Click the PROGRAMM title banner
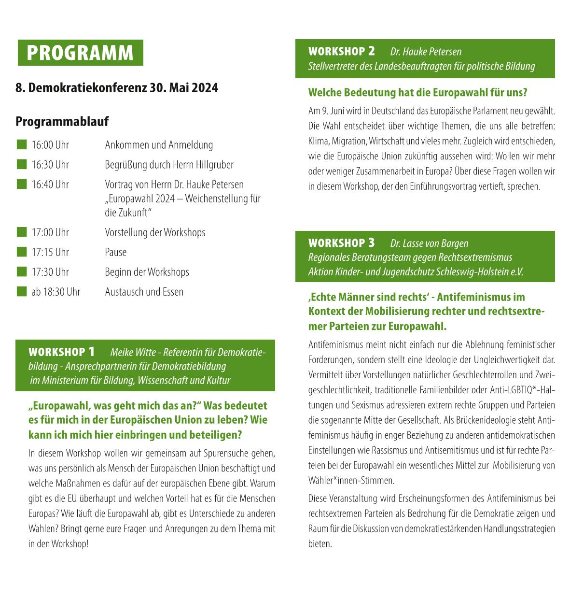click(80, 53)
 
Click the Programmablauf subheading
click(62, 121)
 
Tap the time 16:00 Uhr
click(50, 145)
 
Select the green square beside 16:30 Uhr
click(22, 164)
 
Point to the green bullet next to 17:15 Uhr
click(22, 252)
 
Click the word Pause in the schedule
click(116, 252)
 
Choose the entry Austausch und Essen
click(144, 292)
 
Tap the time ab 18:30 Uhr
click(56, 292)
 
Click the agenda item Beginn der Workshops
click(147, 272)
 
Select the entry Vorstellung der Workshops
click(155, 232)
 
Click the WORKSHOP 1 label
click(62, 352)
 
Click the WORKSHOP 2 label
click(341, 51)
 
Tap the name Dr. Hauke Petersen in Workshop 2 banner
click(426, 52)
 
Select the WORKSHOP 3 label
click(341, 242)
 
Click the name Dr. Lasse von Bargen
click(429, 243)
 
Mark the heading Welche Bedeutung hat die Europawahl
click(417, 92)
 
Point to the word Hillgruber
click(215, 165)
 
